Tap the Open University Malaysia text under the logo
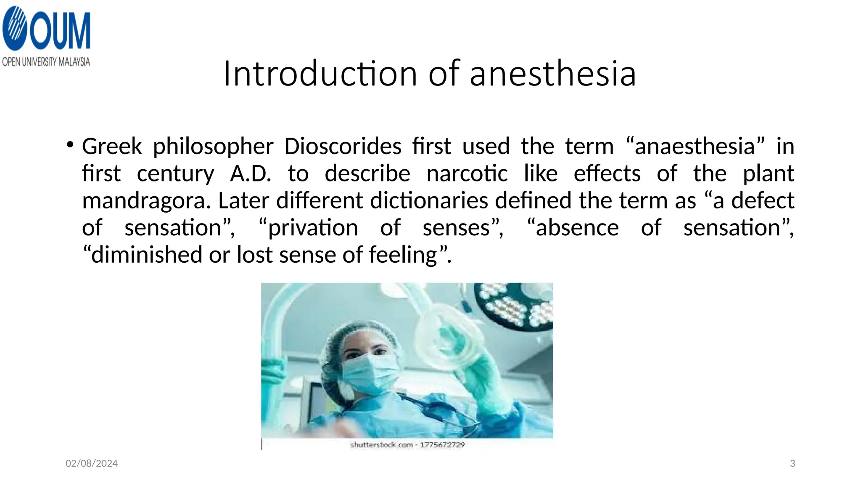pyautogui.click(x=46, y=62)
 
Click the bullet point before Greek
pyautogui.click(x=70, y=145)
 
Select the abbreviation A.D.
pyautogui.click(x=251, y=173)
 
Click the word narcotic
pyautogui.click(x=467, y=173)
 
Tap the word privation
pyautogui.click(x=313, y=228)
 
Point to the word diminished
pyautogui.click(x=146, y=255)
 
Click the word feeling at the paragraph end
pyautogui.click(x=403, y=255)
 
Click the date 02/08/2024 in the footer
pyautogui.click(x=91, y=464)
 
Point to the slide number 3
pyautogui.click(x=792, y=464)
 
